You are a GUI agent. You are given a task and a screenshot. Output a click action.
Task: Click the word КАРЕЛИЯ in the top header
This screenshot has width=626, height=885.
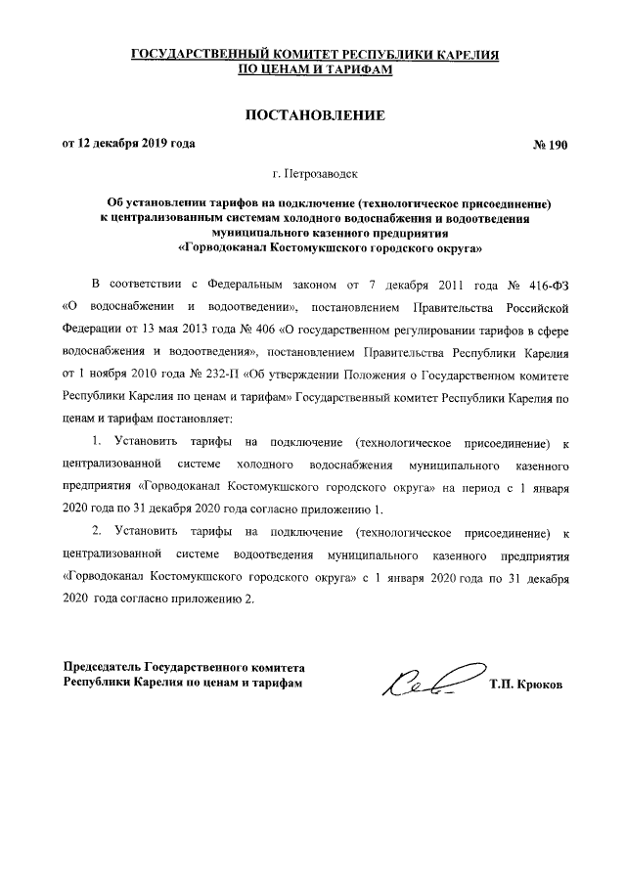pyautogui.click(x=458, y=56)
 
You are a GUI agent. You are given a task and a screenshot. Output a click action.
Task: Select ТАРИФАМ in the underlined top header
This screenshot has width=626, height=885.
pyautogui.click(x=349, y=71)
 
